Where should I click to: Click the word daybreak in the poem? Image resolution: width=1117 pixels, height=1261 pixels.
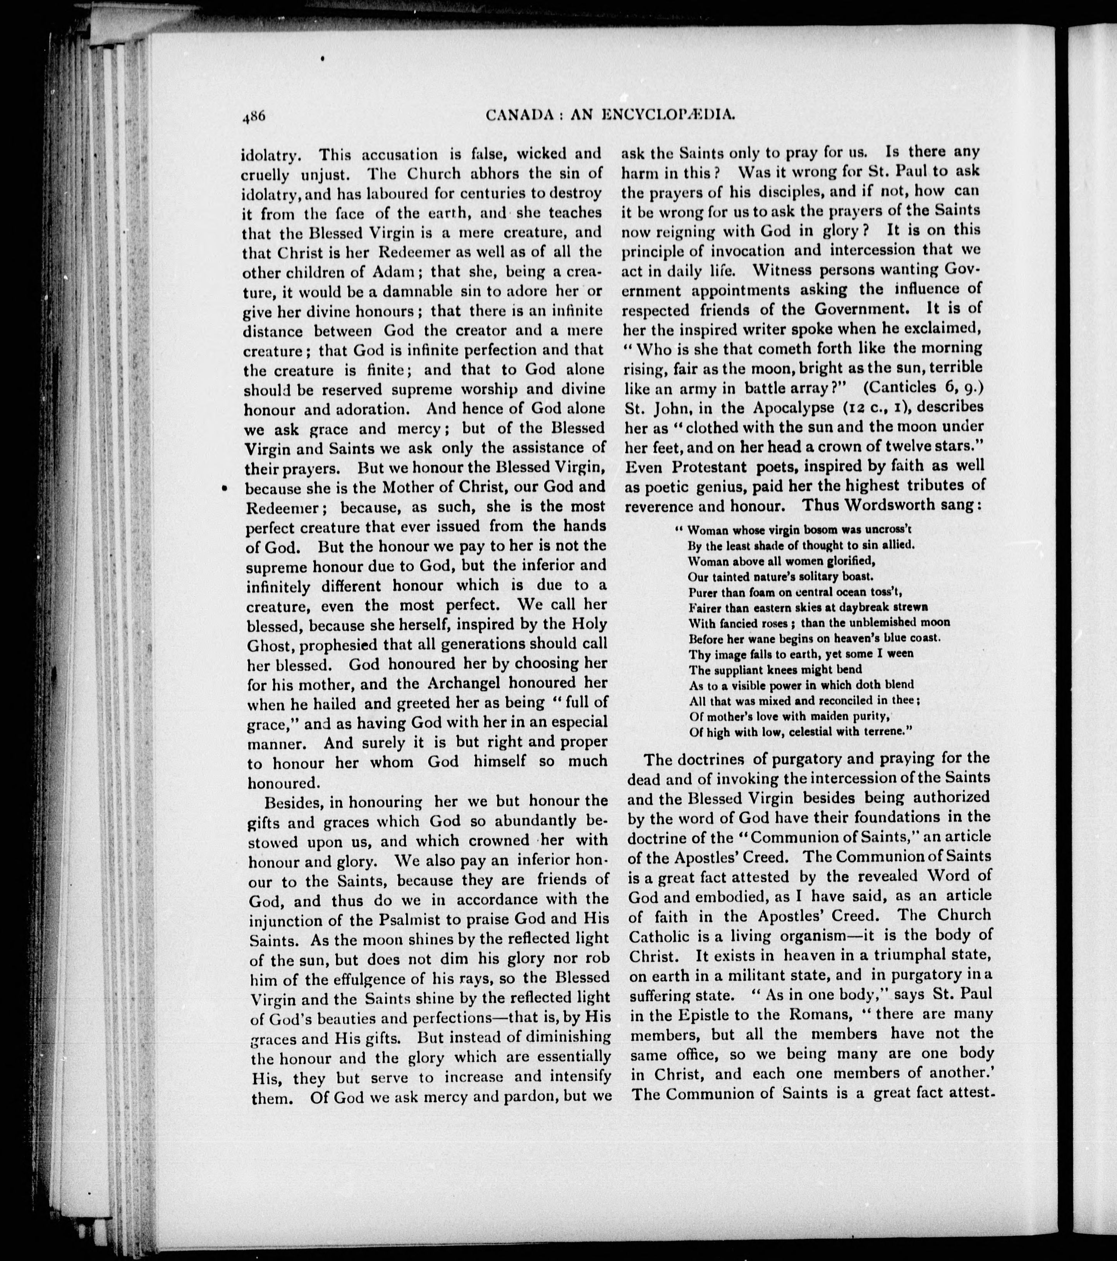click(x=860, y=607)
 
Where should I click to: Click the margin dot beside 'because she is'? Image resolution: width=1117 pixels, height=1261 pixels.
click(x=225, y=487)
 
